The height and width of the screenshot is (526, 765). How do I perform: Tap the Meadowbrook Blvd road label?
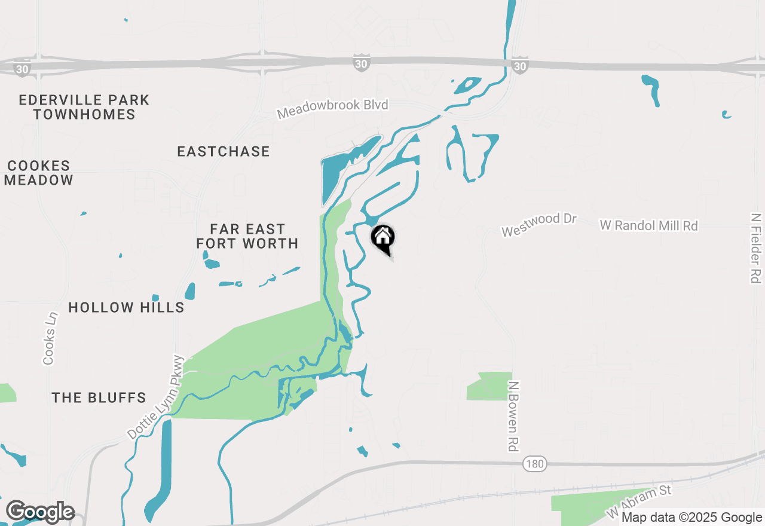click(332, 109)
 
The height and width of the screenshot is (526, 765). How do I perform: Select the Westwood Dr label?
click(538, 225)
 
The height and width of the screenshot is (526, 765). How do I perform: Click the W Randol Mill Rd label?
click(648, 225)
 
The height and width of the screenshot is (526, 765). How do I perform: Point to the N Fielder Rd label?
click(756, 247)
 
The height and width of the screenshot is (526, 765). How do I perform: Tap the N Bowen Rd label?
click(513, 416)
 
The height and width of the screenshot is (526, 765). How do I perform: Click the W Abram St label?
click(639, 501)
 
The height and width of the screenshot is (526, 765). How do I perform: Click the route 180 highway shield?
click(534, 464)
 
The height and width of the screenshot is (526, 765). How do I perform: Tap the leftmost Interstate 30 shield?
click(22, 69)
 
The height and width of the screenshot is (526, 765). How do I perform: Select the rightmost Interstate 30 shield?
click(519, 65)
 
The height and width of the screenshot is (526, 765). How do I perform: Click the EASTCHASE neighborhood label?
click(224, 151)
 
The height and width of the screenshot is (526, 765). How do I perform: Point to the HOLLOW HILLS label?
click(126, 307)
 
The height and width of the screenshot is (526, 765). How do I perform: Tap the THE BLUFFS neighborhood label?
click(99, 397)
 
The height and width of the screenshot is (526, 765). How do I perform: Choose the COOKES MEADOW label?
click(39, 173)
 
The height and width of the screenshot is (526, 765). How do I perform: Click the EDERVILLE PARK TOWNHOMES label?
click(84, 107)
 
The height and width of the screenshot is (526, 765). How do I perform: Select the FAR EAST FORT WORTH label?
click(247, 236)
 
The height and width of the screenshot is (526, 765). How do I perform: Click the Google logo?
click(40, 512)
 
